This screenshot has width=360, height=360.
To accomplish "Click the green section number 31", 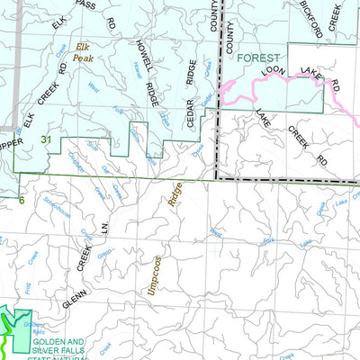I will [x=45, y=139].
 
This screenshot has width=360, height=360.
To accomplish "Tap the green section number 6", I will [x=22, y=200].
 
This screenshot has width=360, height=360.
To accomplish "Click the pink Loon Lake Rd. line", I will [x=297, y=80].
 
